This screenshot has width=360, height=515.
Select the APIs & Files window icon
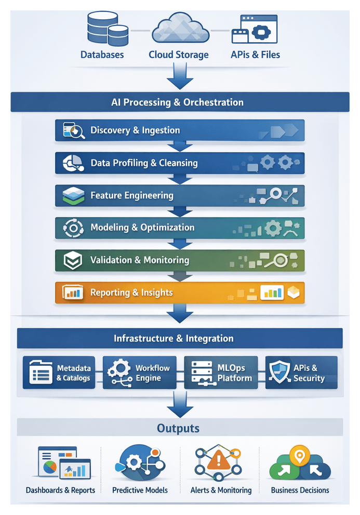[x=255, y=29]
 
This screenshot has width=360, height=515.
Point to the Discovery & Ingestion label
[x=135, y=130]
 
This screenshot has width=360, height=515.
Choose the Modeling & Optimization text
[x=142, y=228]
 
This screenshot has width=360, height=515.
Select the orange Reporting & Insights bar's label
[x=131, y=293]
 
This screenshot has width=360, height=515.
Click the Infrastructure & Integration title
[x=174, y=338]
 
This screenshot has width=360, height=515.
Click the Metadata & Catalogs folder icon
[x=39, y=373]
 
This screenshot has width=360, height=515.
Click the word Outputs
[x=179, y=429]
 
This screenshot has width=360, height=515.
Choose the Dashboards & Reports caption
[x=61, y=490]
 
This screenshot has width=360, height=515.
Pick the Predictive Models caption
[x=140, y=490]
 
